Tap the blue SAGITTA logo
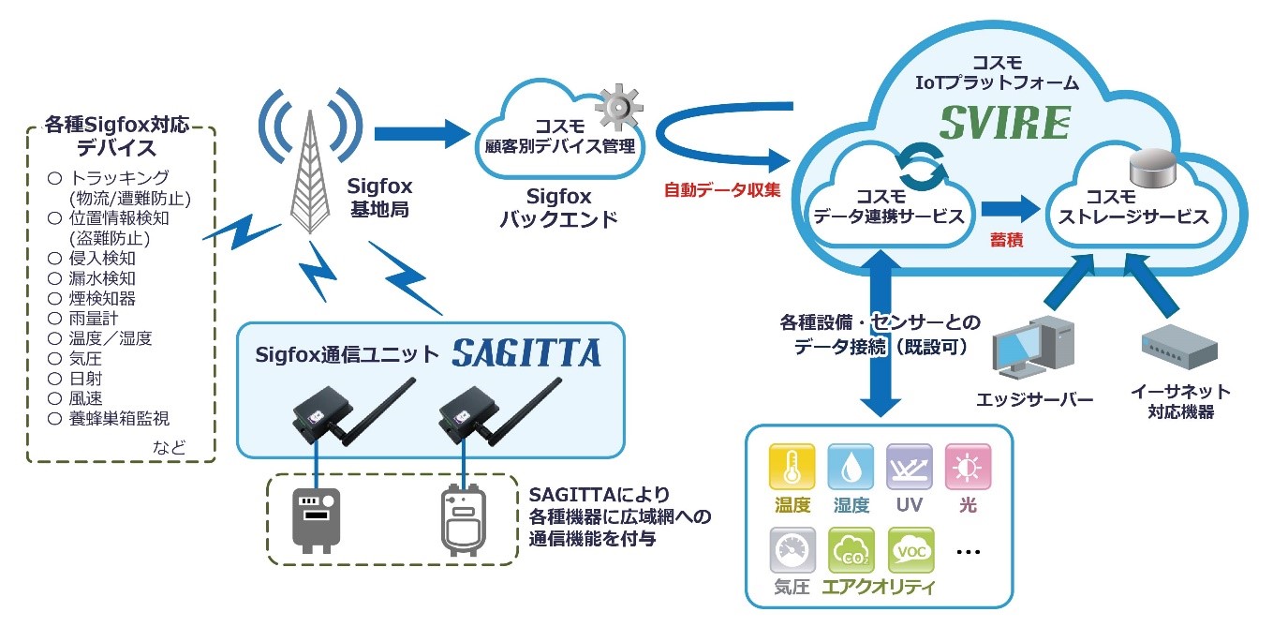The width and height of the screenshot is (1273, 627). pos(527,352)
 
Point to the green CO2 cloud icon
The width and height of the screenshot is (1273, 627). pos(851,551)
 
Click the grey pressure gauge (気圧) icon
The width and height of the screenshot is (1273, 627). pos(792,551)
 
